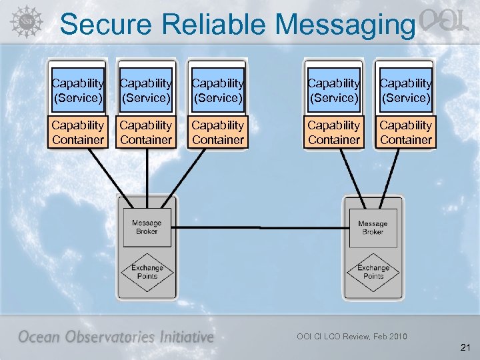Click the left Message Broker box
(x=146, y=227)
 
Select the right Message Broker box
(x=373, y=227)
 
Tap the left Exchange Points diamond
(x=147, y=272)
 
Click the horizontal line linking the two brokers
(x=260, y=227)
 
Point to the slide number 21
(x=465, y=347)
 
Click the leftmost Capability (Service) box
(x=78, y=90)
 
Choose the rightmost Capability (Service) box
(x=406, y=90)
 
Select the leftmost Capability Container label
(x=78, y=132)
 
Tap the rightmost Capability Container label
(x=406, y=132)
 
